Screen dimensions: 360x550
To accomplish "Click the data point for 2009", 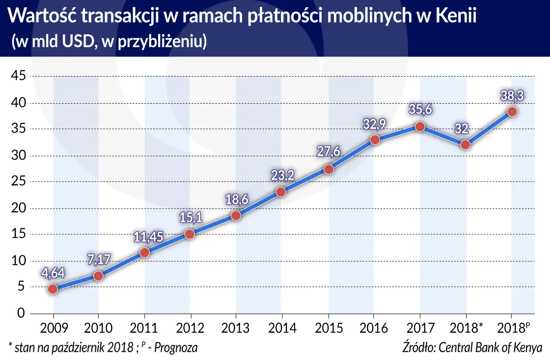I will (x=53, y=289).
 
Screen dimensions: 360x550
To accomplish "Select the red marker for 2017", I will (x=420, y=127).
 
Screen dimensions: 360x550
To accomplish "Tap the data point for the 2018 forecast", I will (x=512, y=111).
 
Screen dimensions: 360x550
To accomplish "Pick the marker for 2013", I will (x=236, y=216).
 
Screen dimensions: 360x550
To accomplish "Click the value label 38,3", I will (x=512, y=96).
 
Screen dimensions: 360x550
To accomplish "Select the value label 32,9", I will (x=374, y=124).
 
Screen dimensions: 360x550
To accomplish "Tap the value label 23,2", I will (x=282, y=176).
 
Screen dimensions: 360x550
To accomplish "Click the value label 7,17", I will (x=98, y=260).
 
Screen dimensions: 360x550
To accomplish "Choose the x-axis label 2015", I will (x=328, y=328).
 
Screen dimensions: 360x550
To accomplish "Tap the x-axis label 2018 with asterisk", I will (x=467, y=328).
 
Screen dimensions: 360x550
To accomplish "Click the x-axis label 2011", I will (x=144, y=328).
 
